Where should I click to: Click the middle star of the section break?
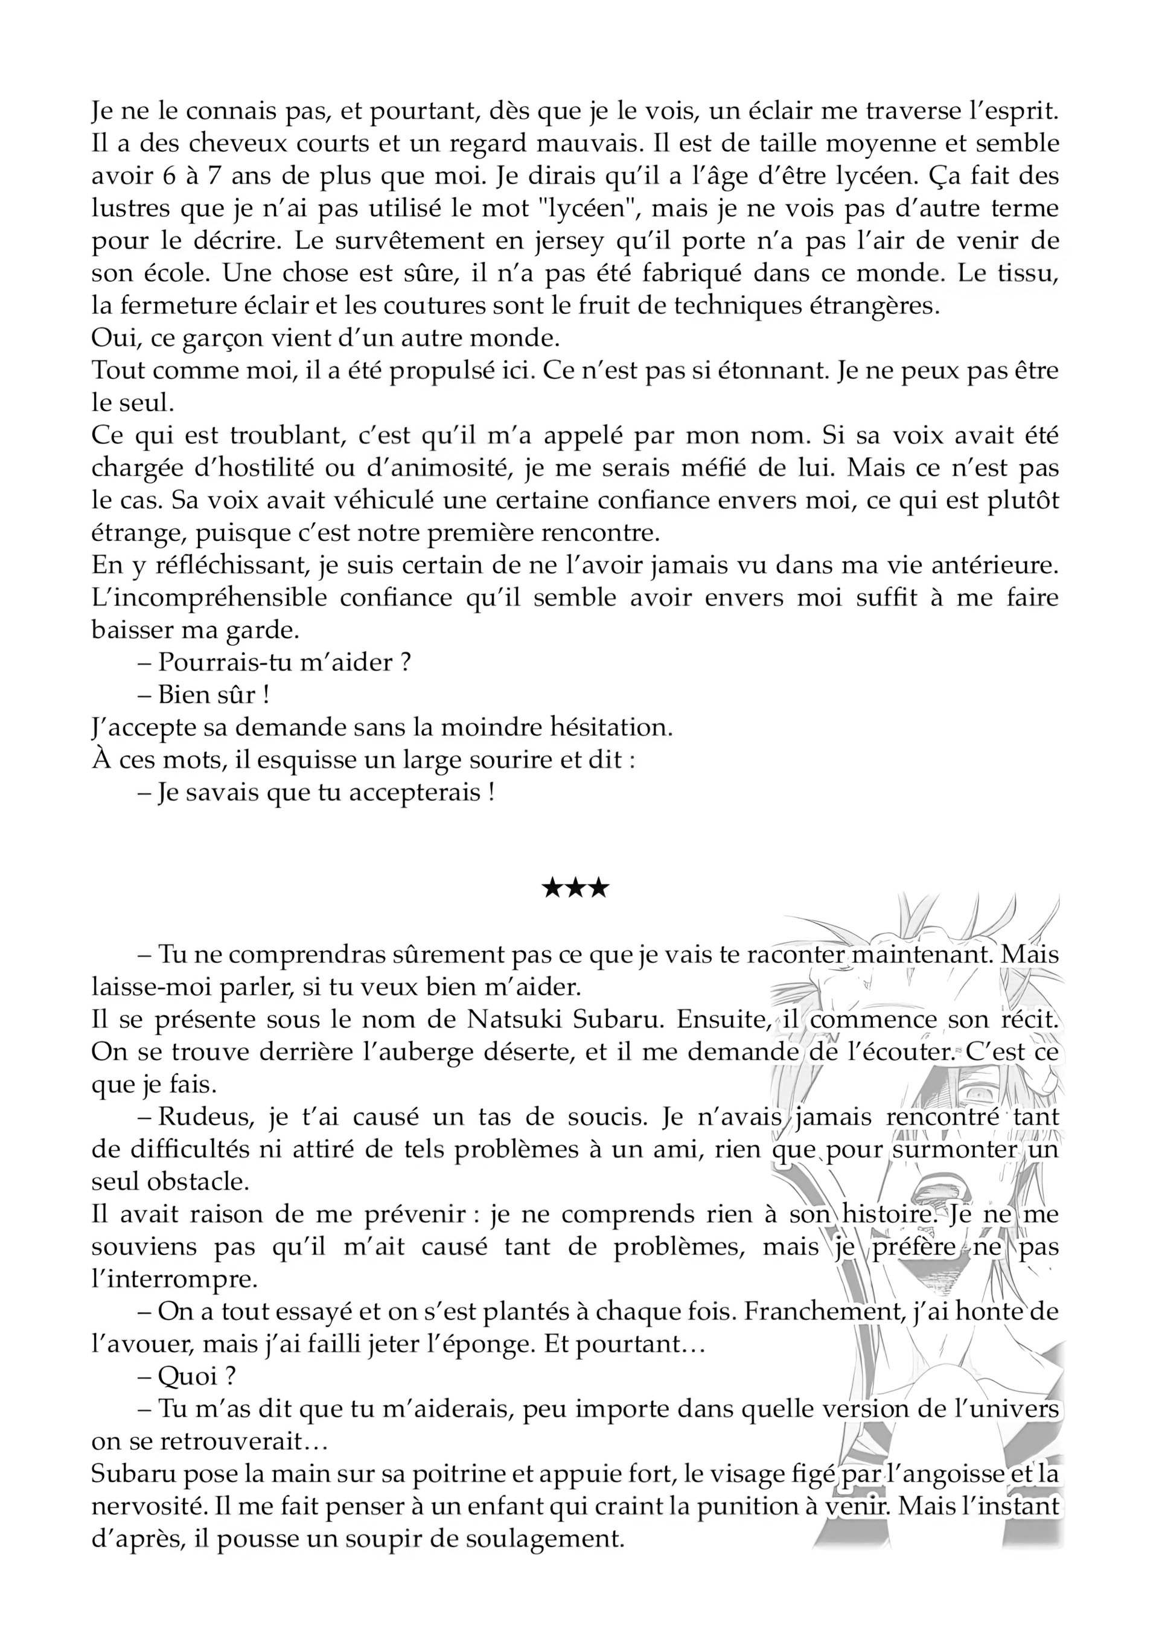pos(576,890)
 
